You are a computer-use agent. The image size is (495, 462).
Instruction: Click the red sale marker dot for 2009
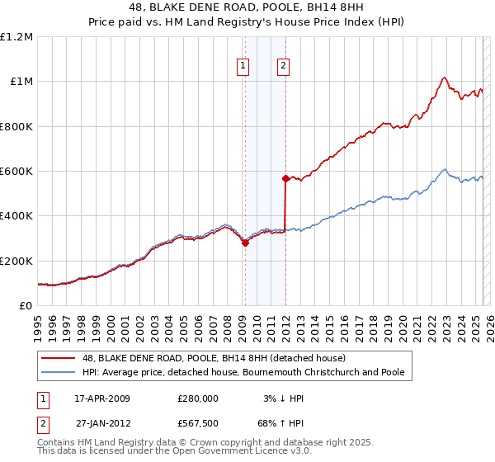point(245,243)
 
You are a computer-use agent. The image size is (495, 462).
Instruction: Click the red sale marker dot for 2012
point(285,178)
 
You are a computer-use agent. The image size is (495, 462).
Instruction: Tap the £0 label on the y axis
point(25,306)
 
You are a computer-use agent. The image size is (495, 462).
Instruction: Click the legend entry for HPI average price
point(243,372)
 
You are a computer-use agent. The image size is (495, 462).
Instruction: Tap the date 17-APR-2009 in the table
point(102,398)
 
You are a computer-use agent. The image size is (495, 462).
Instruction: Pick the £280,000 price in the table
point(197,398)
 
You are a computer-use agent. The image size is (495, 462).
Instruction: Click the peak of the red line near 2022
point(444,78)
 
